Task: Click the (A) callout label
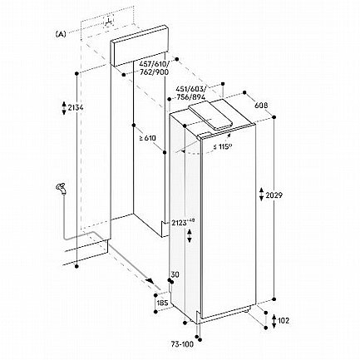pos(61,34)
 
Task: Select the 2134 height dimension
pos(76,107)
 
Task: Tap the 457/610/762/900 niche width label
pos(154,68)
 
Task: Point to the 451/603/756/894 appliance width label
pos(190,93)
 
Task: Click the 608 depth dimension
pos(261,106)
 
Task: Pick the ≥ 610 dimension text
pos(148,138)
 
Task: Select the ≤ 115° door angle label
pos(223,146)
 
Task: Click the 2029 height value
pos(274,195)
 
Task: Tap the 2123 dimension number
pos(179,223)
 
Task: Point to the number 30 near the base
pos(175,274)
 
